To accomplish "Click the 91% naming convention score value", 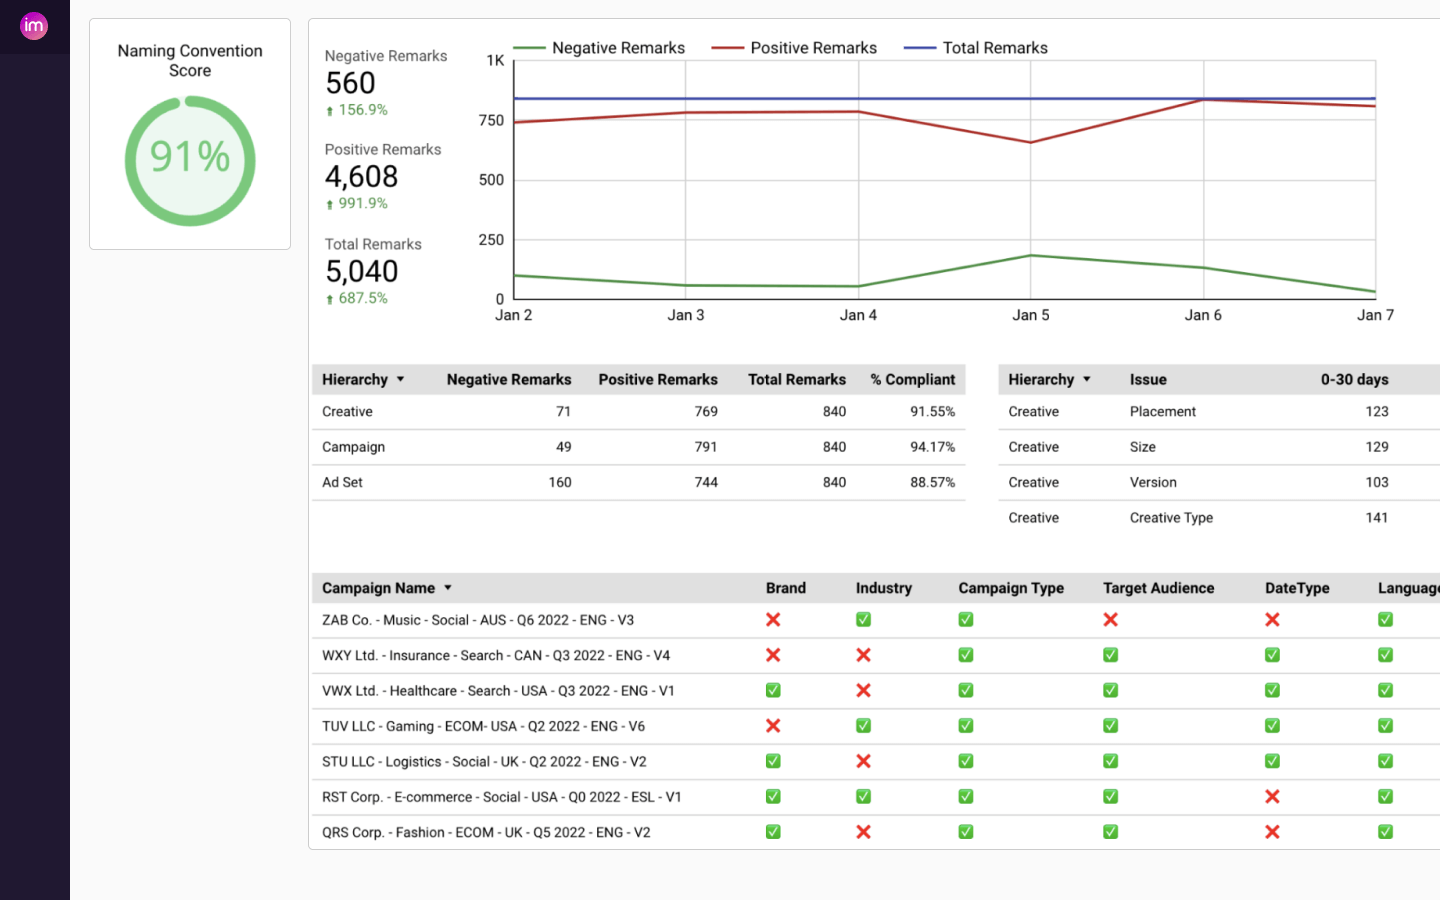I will (x=190, y=157).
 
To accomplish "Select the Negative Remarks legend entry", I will (x=617, y=48).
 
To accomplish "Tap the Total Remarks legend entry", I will (x=994, y=48).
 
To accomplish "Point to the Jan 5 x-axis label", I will (x=1030, y=315).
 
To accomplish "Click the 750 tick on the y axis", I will (x=491, y=121).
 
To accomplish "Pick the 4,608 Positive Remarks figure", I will (x=361, y=177).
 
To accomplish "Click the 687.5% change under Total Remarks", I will (x=362, y=298).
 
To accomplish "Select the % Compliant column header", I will (x=912, y=380).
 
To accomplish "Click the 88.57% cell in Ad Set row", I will (x=932, y=482).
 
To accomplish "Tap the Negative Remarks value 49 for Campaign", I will (x=563, y=447).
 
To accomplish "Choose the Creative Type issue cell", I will (x=1171, y=518).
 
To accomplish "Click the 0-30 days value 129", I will (x=1376, y=447).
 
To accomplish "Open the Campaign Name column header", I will (x=379, y=588).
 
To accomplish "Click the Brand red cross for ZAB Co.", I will (x=773, y=620).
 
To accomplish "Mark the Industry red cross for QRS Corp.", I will (x=863, y=832).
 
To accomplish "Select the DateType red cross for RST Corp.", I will (x=1272, y=797).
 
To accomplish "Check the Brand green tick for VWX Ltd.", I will (x=773, y=691).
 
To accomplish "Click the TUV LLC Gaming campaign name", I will (x=483, y=726).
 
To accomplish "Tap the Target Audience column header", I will (x=1158, y=588).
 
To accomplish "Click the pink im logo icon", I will (x=34, y=26).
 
